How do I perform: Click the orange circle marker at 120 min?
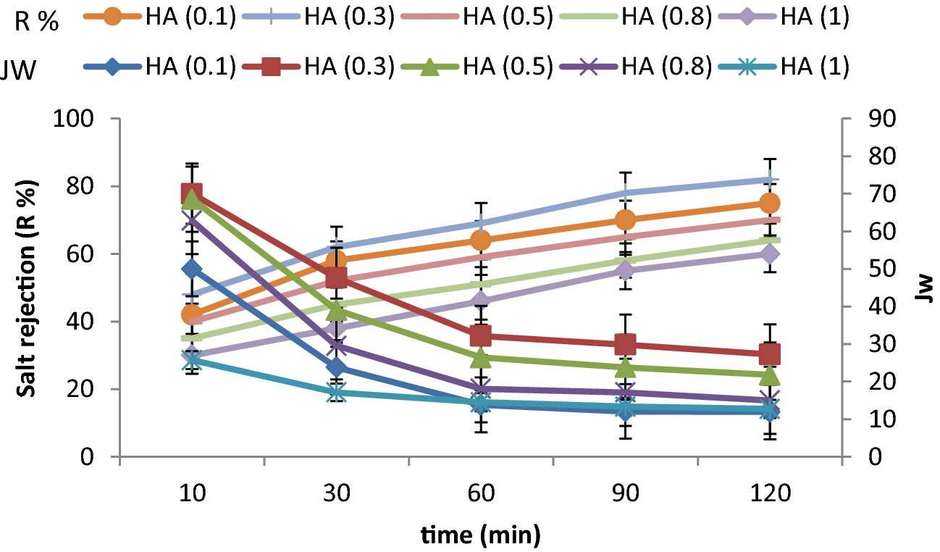pos(770,203)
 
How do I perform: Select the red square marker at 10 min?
pos(191,193)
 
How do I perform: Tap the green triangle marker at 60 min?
pos(481,357)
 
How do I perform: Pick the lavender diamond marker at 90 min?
pos(625,271)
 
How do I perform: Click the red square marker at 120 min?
pos(770,354)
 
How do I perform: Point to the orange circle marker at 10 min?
pos(191,314)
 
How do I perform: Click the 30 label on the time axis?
pos(336,494)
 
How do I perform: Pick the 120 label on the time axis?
pos(770,494)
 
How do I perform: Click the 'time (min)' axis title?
pos(481,536)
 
